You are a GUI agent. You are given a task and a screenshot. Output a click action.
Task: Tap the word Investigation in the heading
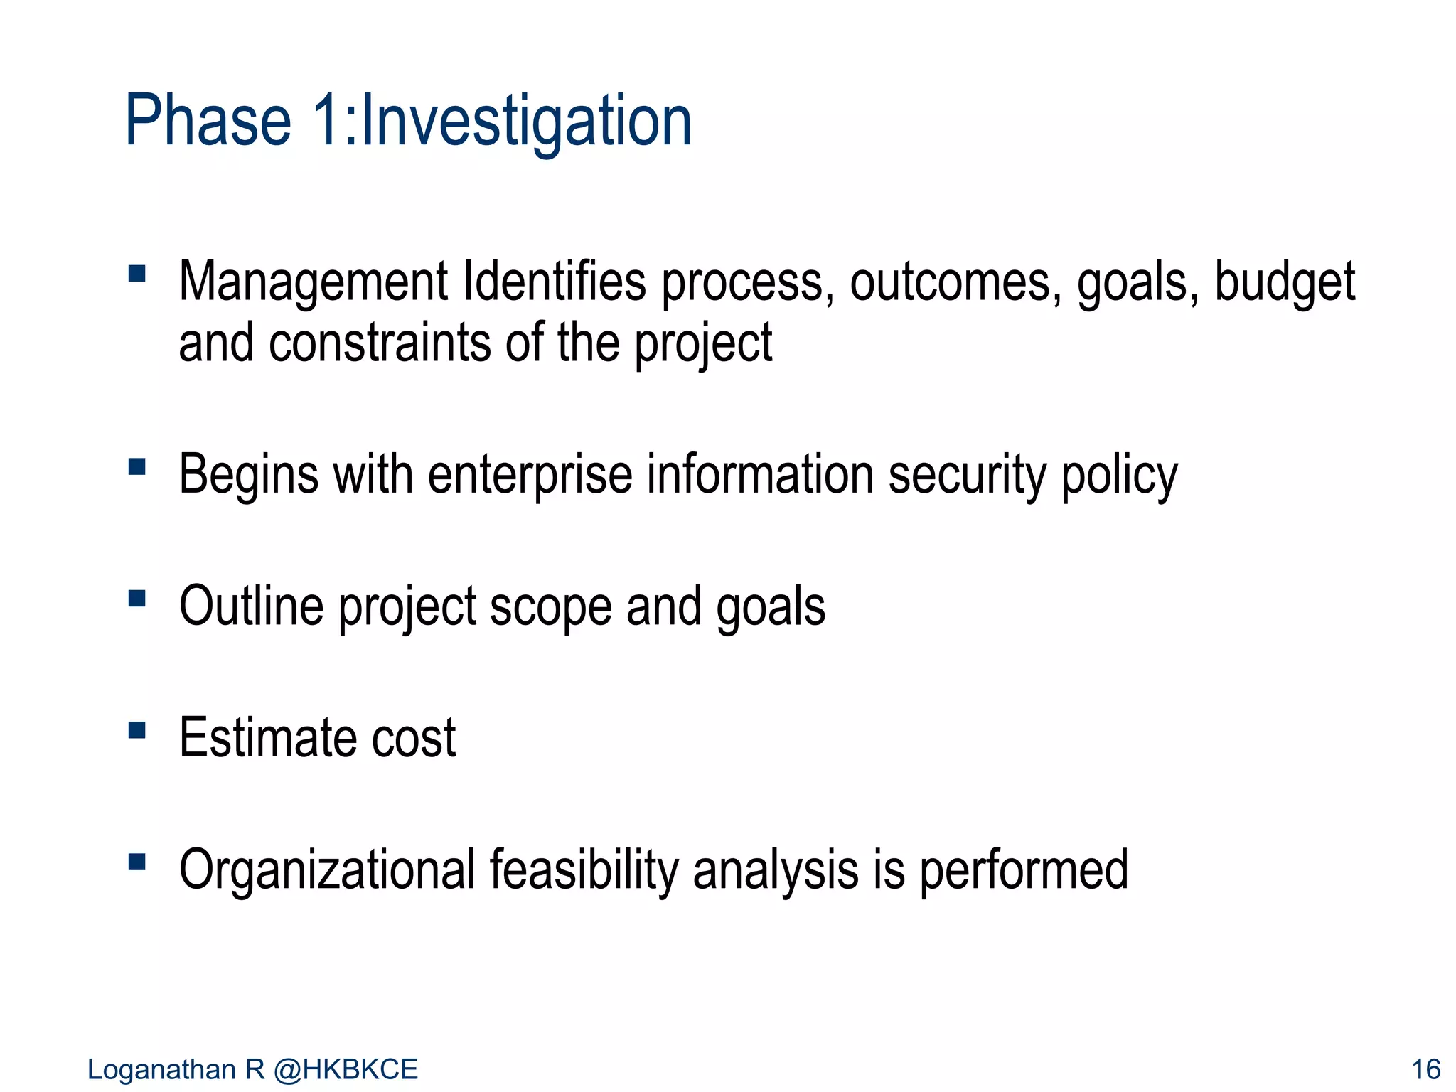coord(527,122)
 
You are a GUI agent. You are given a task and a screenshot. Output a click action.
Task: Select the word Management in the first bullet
coord(314,282)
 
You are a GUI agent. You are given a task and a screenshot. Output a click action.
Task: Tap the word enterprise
coord(530,476)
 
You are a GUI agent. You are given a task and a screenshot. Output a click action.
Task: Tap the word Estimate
coord(267,738)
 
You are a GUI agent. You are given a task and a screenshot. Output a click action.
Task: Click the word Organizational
coord(327,870)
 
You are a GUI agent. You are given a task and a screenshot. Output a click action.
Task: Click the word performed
coord(1024,870)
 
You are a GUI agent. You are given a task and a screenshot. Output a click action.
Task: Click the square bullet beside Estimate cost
coord(137,730)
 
